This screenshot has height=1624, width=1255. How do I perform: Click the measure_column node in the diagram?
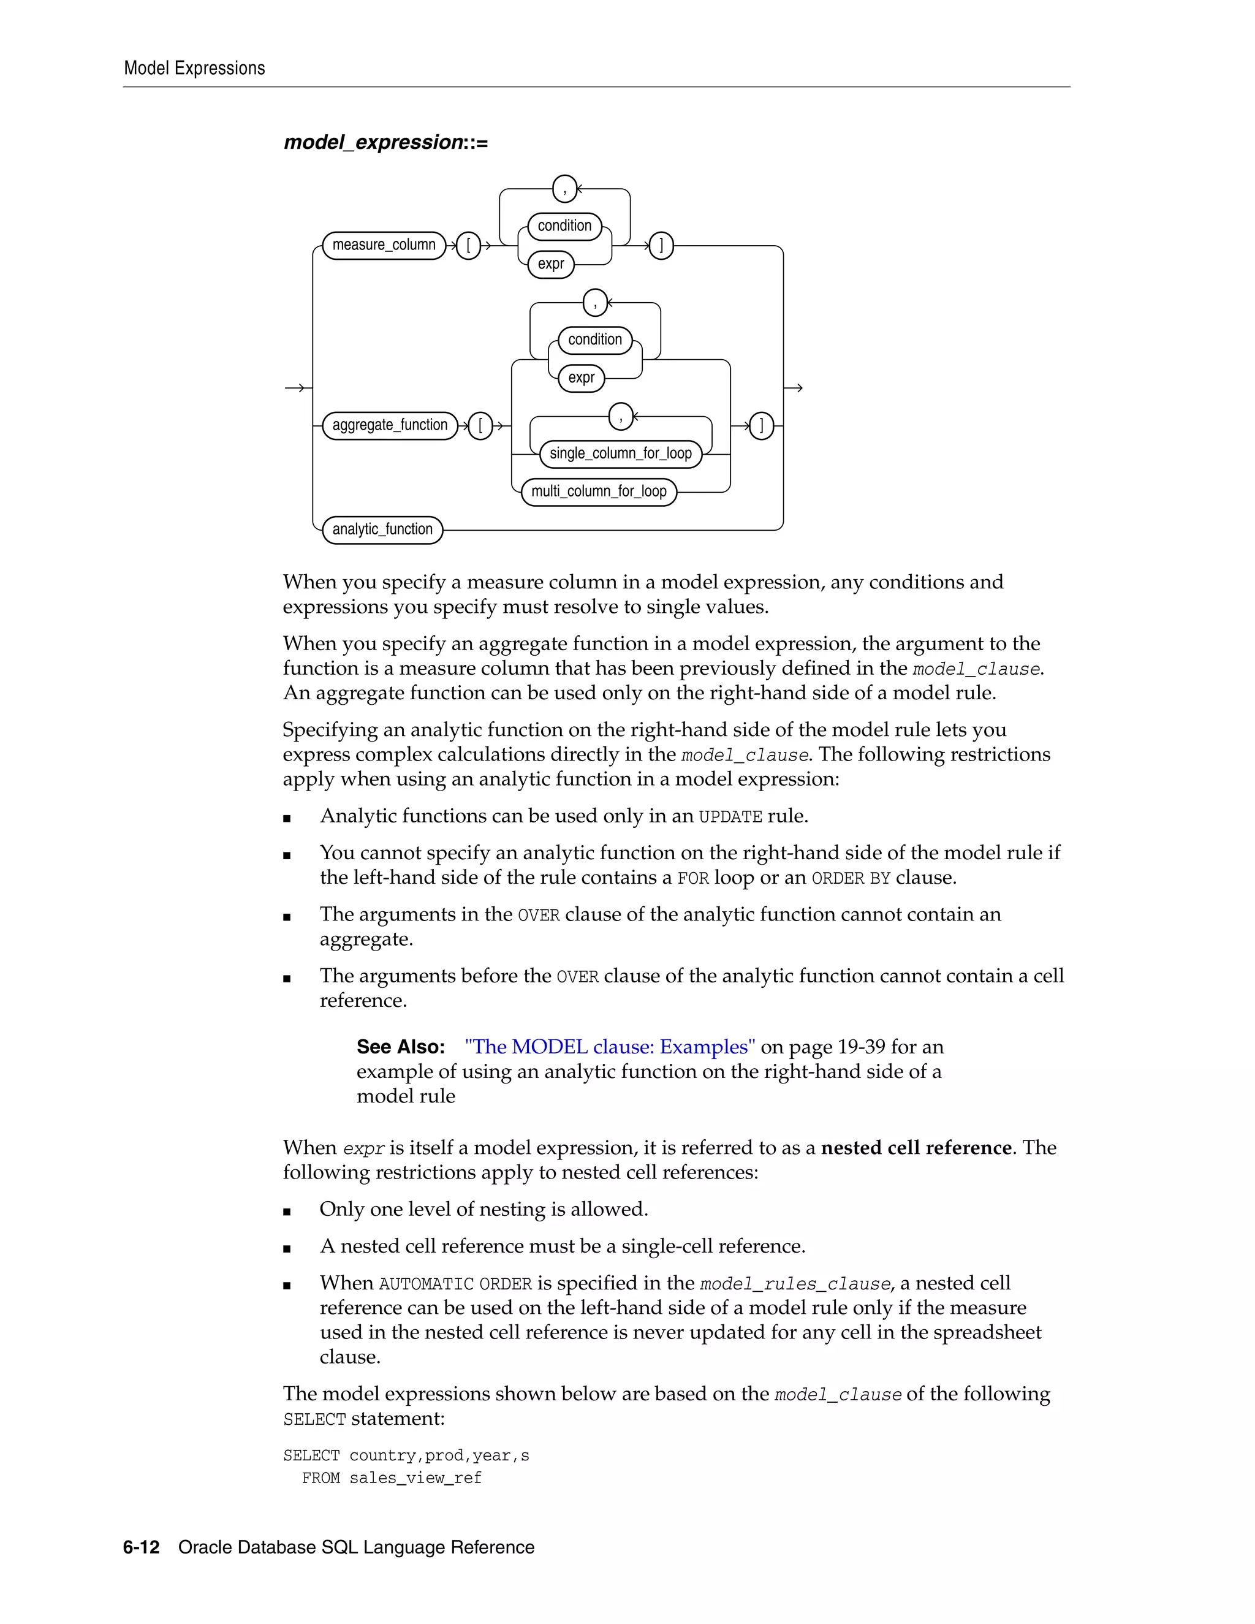coord(384,245)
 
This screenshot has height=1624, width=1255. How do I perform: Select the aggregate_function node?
coord(390,425)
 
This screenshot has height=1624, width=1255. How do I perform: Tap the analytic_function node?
coord(382,529)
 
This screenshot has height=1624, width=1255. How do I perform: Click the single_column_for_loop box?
coord(620,453)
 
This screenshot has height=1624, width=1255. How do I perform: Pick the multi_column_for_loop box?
coord(599,491)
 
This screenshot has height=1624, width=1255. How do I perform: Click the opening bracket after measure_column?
coord(468,245)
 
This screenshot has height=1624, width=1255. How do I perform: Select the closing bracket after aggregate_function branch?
coord(761,426)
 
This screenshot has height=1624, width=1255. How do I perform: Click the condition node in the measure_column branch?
coord(564,226)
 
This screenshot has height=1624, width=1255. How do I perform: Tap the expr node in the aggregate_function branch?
coord(581,378)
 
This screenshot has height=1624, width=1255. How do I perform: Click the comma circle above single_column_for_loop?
coord(621,416)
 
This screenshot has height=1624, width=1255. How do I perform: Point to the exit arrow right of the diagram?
coord(794,387)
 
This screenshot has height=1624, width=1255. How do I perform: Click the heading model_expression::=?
coord(386,142)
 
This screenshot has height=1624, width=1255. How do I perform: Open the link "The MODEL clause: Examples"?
coord(610,1047)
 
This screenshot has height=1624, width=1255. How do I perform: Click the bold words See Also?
coord(400,1047)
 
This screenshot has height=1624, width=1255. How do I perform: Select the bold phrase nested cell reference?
coord(916,1147)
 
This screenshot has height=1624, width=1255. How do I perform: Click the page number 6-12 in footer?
coord(142,1547)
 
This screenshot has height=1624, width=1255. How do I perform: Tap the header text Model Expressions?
coord(194,69)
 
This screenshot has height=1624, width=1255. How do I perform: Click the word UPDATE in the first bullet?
coord(730,817)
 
